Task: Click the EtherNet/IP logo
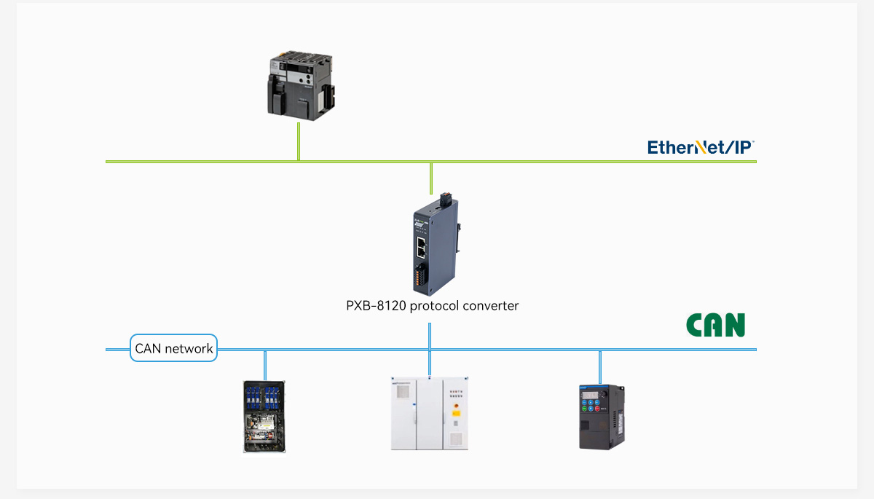coord(700,147)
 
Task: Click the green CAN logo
coord(715,326)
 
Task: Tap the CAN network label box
coord(174,348)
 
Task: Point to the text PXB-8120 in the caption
coord(375,306)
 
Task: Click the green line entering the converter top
coord(431,178)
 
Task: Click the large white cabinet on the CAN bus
coord(429,413)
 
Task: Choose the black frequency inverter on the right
coord(602,416)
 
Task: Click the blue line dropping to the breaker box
coord(264,365)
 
